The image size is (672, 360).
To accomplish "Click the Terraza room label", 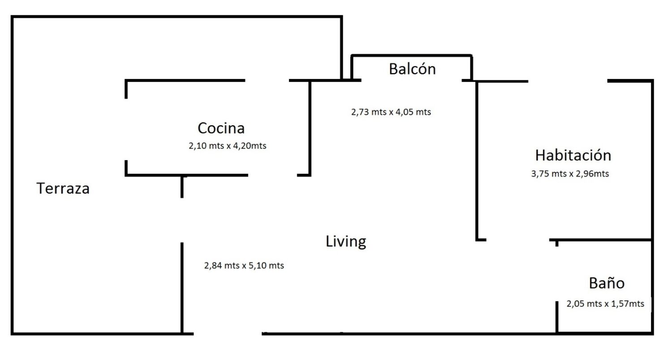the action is coord(63,189).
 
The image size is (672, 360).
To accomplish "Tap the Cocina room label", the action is coord(221,128).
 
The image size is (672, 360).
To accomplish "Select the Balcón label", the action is coord(412,69).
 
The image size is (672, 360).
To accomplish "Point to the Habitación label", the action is coord(573,155).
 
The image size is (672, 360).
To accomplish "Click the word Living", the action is coord(346,242).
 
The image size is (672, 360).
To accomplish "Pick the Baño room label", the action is coord(607,283).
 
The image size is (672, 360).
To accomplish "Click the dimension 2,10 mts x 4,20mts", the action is coord(228,146).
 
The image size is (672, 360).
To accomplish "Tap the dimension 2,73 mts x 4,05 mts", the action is coord(391,112).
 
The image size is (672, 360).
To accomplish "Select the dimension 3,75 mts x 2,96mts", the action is coord(570,174).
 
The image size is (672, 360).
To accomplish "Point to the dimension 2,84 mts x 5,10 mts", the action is coord(244,266).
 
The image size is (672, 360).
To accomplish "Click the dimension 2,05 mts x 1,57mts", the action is coord(605,304).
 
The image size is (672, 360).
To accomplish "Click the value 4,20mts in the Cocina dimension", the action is coord(250,146).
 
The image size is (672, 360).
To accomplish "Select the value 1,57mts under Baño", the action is coord(628,304).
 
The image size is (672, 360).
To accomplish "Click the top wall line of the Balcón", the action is coord(411,56).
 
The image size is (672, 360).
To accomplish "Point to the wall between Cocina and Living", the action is coord(310,128).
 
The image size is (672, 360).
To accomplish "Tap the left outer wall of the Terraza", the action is coord(12,175).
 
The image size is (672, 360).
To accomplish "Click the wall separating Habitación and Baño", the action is coord(601,240).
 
